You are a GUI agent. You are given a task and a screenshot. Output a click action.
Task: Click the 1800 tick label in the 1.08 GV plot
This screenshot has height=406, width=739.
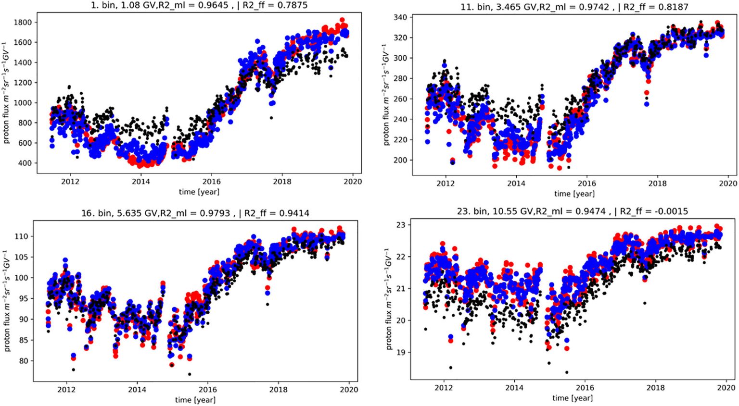coord(23,22)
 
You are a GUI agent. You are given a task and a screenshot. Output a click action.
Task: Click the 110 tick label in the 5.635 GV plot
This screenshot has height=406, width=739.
coord(21,236)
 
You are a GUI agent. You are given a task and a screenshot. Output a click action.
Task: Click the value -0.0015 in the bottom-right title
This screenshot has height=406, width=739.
coord(669,211)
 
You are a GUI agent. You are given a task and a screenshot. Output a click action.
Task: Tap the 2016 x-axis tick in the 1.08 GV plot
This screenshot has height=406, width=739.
coord(211,182)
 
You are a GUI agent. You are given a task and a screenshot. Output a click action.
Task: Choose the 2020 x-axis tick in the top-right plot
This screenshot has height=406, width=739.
coord(728,184)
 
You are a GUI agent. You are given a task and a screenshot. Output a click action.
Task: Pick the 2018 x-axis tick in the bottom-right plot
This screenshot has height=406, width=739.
coord(655,388)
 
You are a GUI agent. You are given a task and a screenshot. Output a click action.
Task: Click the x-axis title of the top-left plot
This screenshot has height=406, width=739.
coord(199,192)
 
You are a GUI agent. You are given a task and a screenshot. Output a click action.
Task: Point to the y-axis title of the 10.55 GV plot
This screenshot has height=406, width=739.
coord(389,299)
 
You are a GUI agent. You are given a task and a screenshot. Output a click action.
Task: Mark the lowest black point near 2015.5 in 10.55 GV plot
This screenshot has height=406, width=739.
coord(567,372)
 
